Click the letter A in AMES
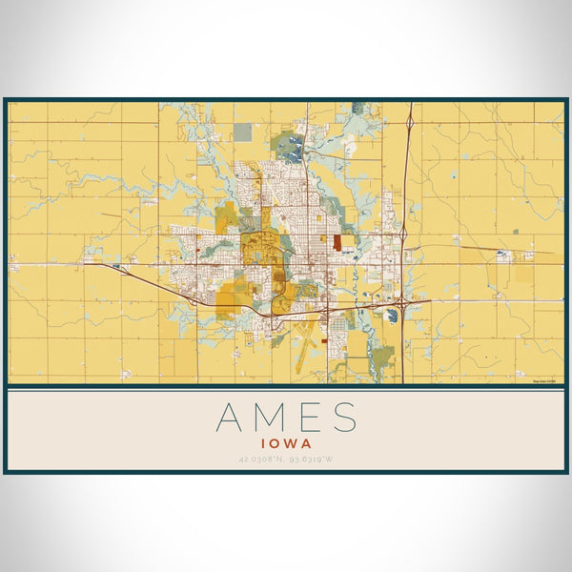[230, 419]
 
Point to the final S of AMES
[344, 419]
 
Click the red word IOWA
[286, 442]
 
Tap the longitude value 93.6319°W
[313, 460]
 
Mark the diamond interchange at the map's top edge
[409, 122]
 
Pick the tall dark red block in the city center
[337, 242]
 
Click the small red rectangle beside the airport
[324, 337]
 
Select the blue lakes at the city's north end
[294, 148]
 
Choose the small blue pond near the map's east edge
[503, 255]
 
